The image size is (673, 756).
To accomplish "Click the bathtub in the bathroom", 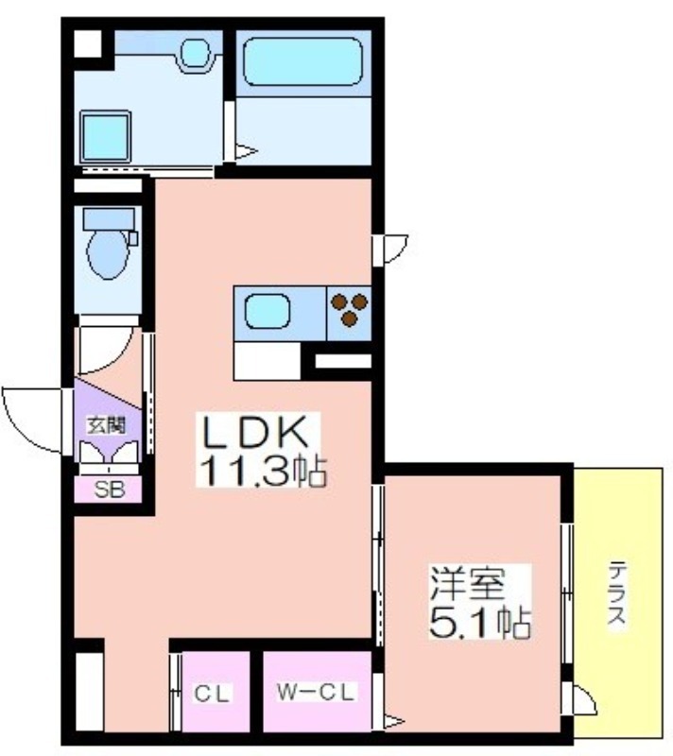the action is pyautogui.click(x=302, y=61).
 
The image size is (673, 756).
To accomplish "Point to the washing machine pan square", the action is pyautogui.click(x=106, y=137).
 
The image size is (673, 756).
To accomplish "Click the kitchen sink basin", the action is pyautogui.click(x=267, y=312).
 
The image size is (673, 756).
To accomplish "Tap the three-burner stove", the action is pyautogui.click(x=350, y=310).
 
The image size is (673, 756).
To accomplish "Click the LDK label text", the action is pyautogui.click(x=255, y=432).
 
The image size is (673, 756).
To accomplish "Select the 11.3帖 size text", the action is pyautogui.click(x=263, y=470).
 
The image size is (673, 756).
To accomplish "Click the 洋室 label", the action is pyautogui.click(x=468, y=583).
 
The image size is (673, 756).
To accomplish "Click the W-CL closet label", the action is pyautogui.click(x=316, y=693).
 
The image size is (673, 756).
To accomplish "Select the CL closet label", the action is pyautogui.click(x=213, y=694).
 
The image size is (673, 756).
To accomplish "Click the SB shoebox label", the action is pyautogui.click(x=110, y=490).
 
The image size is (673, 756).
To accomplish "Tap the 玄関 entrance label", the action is pyautogui.click(x=106, y=425).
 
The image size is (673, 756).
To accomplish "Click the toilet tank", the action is pyautogui.click(x=109, y=219).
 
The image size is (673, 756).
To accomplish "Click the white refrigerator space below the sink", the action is pyautogui.click(x=267, y=361).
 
